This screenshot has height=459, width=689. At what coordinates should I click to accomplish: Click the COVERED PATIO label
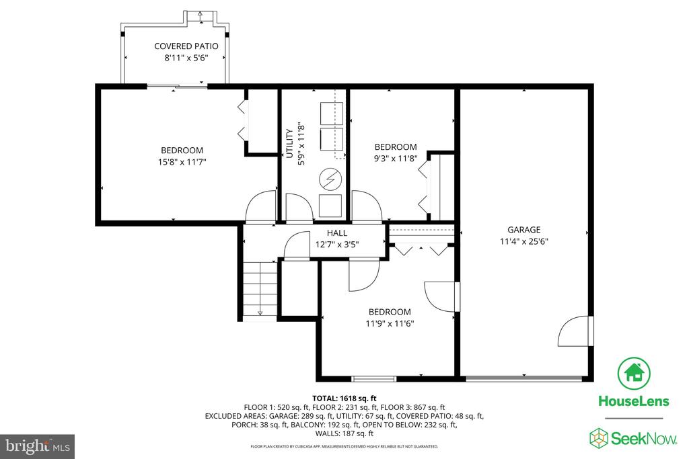186,46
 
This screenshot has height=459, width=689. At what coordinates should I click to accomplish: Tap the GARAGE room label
523,230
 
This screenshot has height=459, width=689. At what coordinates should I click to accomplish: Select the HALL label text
337,233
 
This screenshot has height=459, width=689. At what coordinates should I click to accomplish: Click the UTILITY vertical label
289,144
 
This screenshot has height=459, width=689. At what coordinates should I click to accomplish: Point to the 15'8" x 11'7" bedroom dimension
182,162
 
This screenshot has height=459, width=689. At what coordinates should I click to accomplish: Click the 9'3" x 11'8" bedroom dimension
396,159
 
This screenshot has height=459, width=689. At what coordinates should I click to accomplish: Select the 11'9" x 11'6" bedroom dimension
390,324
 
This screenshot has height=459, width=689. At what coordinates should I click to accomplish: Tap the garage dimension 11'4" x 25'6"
523,241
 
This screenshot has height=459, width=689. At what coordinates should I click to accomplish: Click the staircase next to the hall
260,290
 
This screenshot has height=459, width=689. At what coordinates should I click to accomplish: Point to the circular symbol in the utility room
330,179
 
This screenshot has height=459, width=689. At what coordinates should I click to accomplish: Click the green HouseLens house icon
634,374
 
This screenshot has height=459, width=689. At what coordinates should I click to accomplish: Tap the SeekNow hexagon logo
598,438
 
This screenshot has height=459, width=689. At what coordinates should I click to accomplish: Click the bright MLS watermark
38,447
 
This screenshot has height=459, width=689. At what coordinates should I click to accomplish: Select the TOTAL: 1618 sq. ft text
344,399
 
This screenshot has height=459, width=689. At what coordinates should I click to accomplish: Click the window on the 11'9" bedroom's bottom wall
374,378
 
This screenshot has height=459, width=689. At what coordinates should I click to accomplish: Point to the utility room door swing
299,207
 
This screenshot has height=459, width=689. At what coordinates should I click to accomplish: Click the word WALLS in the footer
327,433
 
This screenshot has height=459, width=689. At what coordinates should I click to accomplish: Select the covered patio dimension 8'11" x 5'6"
186,58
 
